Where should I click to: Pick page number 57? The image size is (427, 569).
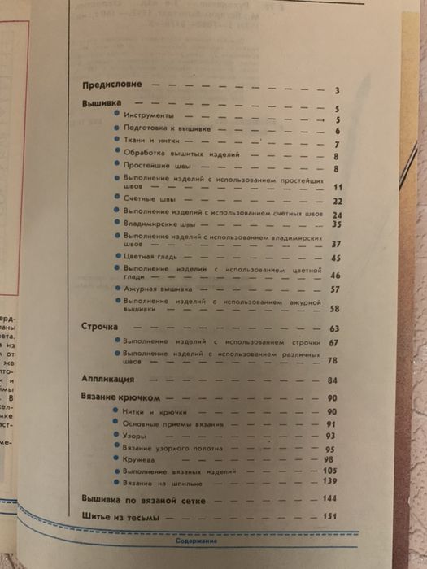pos(334,289)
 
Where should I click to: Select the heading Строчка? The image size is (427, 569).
pos(101,327)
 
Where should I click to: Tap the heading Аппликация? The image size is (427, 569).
pos(110,379)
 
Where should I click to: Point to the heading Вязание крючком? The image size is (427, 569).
pos(119,397)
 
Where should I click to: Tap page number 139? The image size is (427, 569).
pos(330,484)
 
